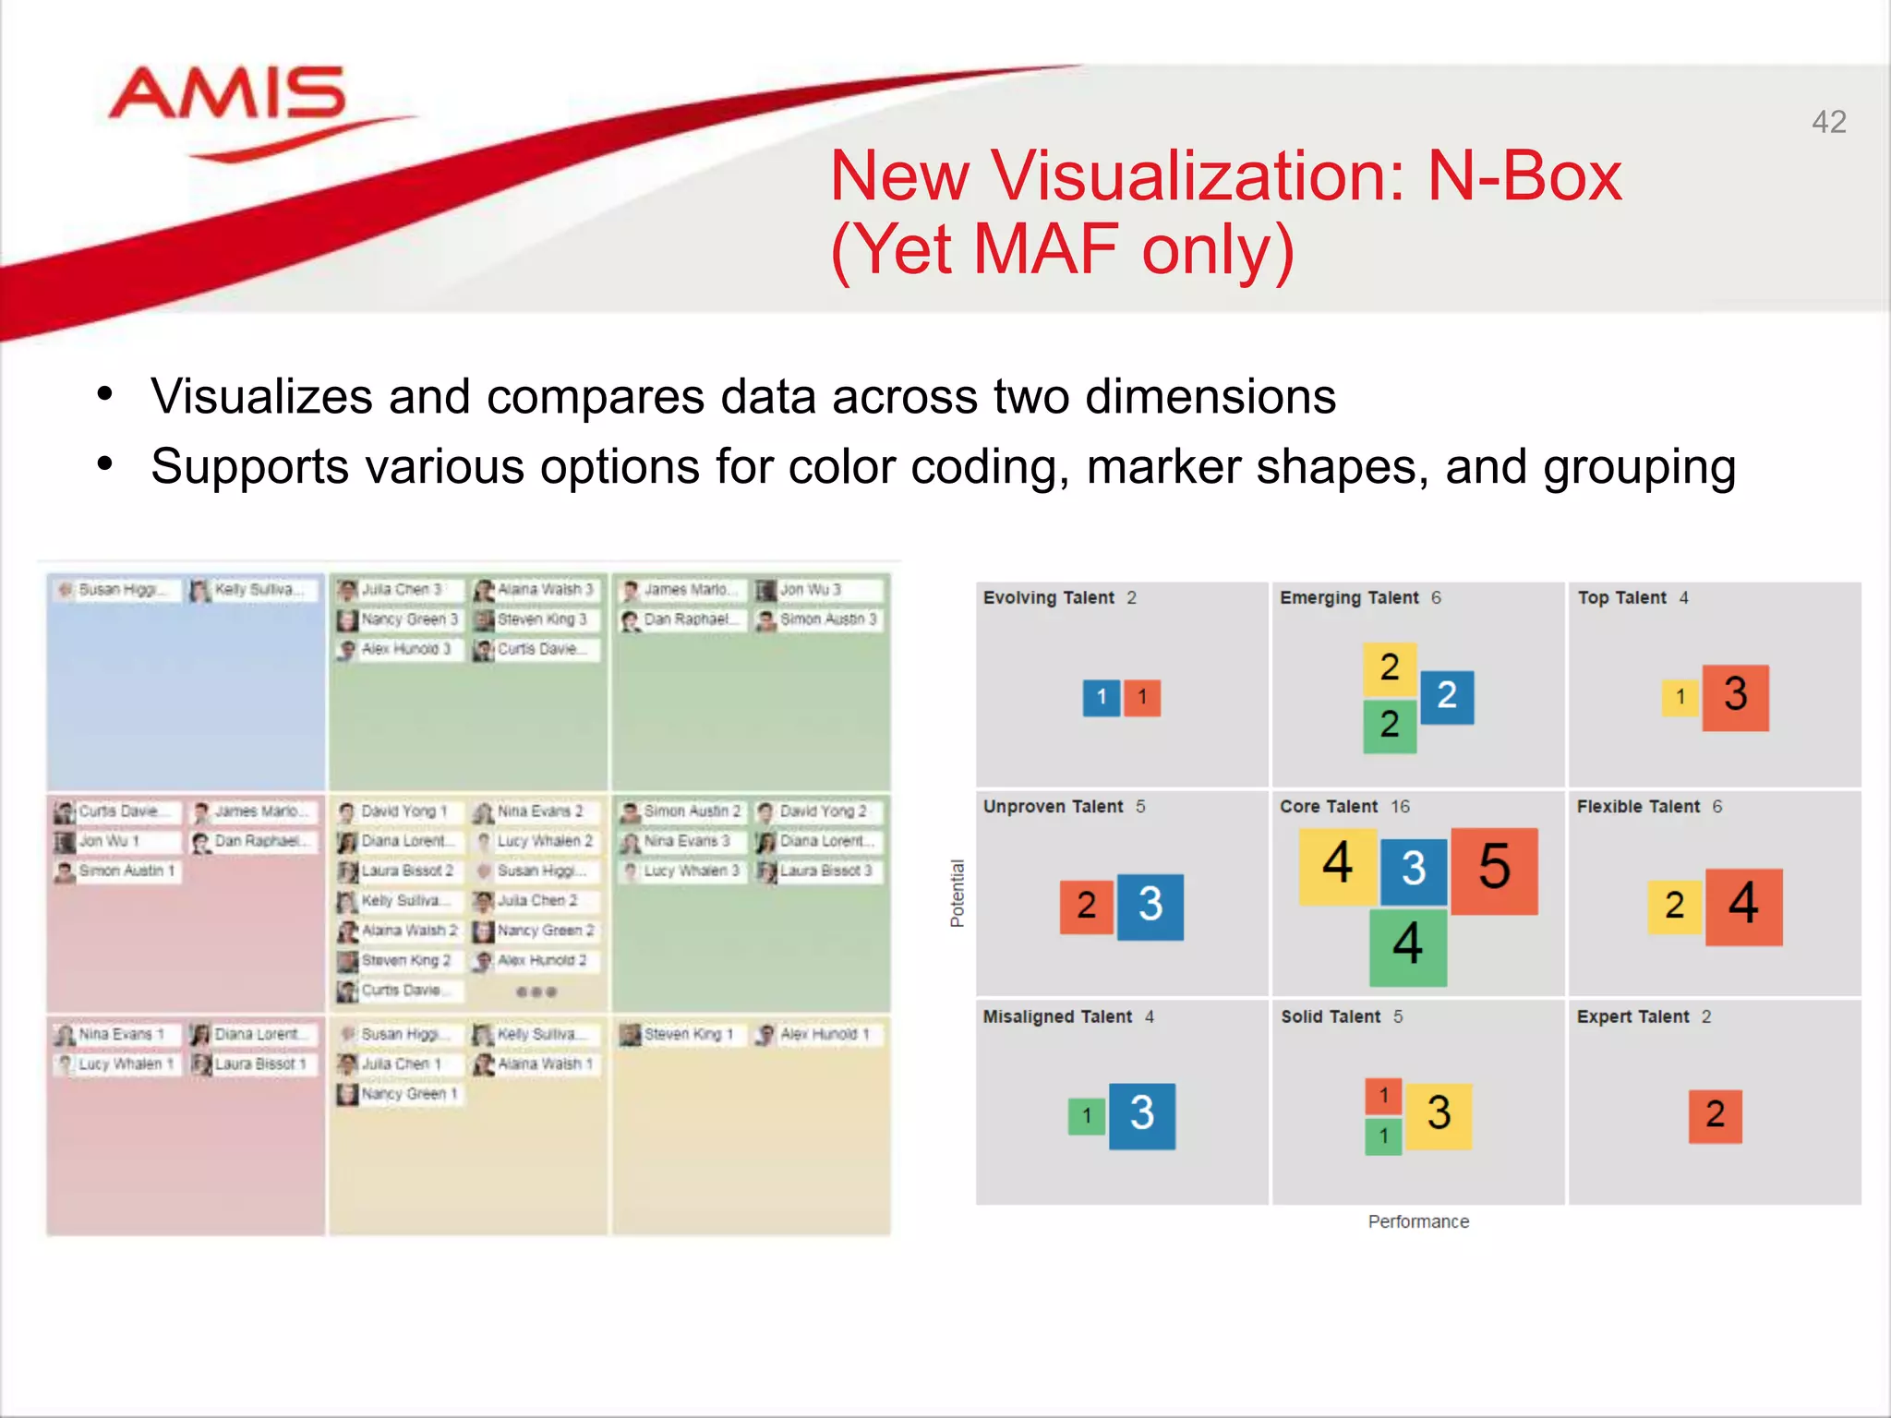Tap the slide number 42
click(1828, 122)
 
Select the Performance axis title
click(1418, 1221)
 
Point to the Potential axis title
click(958, 893)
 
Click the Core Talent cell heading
click(1328, 806)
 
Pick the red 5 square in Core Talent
click(1494, 871)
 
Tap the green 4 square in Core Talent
click(1407, 946)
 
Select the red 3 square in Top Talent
click(1735, 697)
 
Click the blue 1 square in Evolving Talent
click(1101, 698)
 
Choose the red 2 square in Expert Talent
click(1715, 1116)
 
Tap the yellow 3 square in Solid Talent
click(1439, 1115)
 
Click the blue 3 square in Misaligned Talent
click(1141, 1115)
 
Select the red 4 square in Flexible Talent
click(1743, 906)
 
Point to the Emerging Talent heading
click(1349, 597)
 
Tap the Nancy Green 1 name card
click(399, 1094)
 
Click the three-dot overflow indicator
click(536, 991)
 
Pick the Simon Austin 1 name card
click(116, 871)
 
